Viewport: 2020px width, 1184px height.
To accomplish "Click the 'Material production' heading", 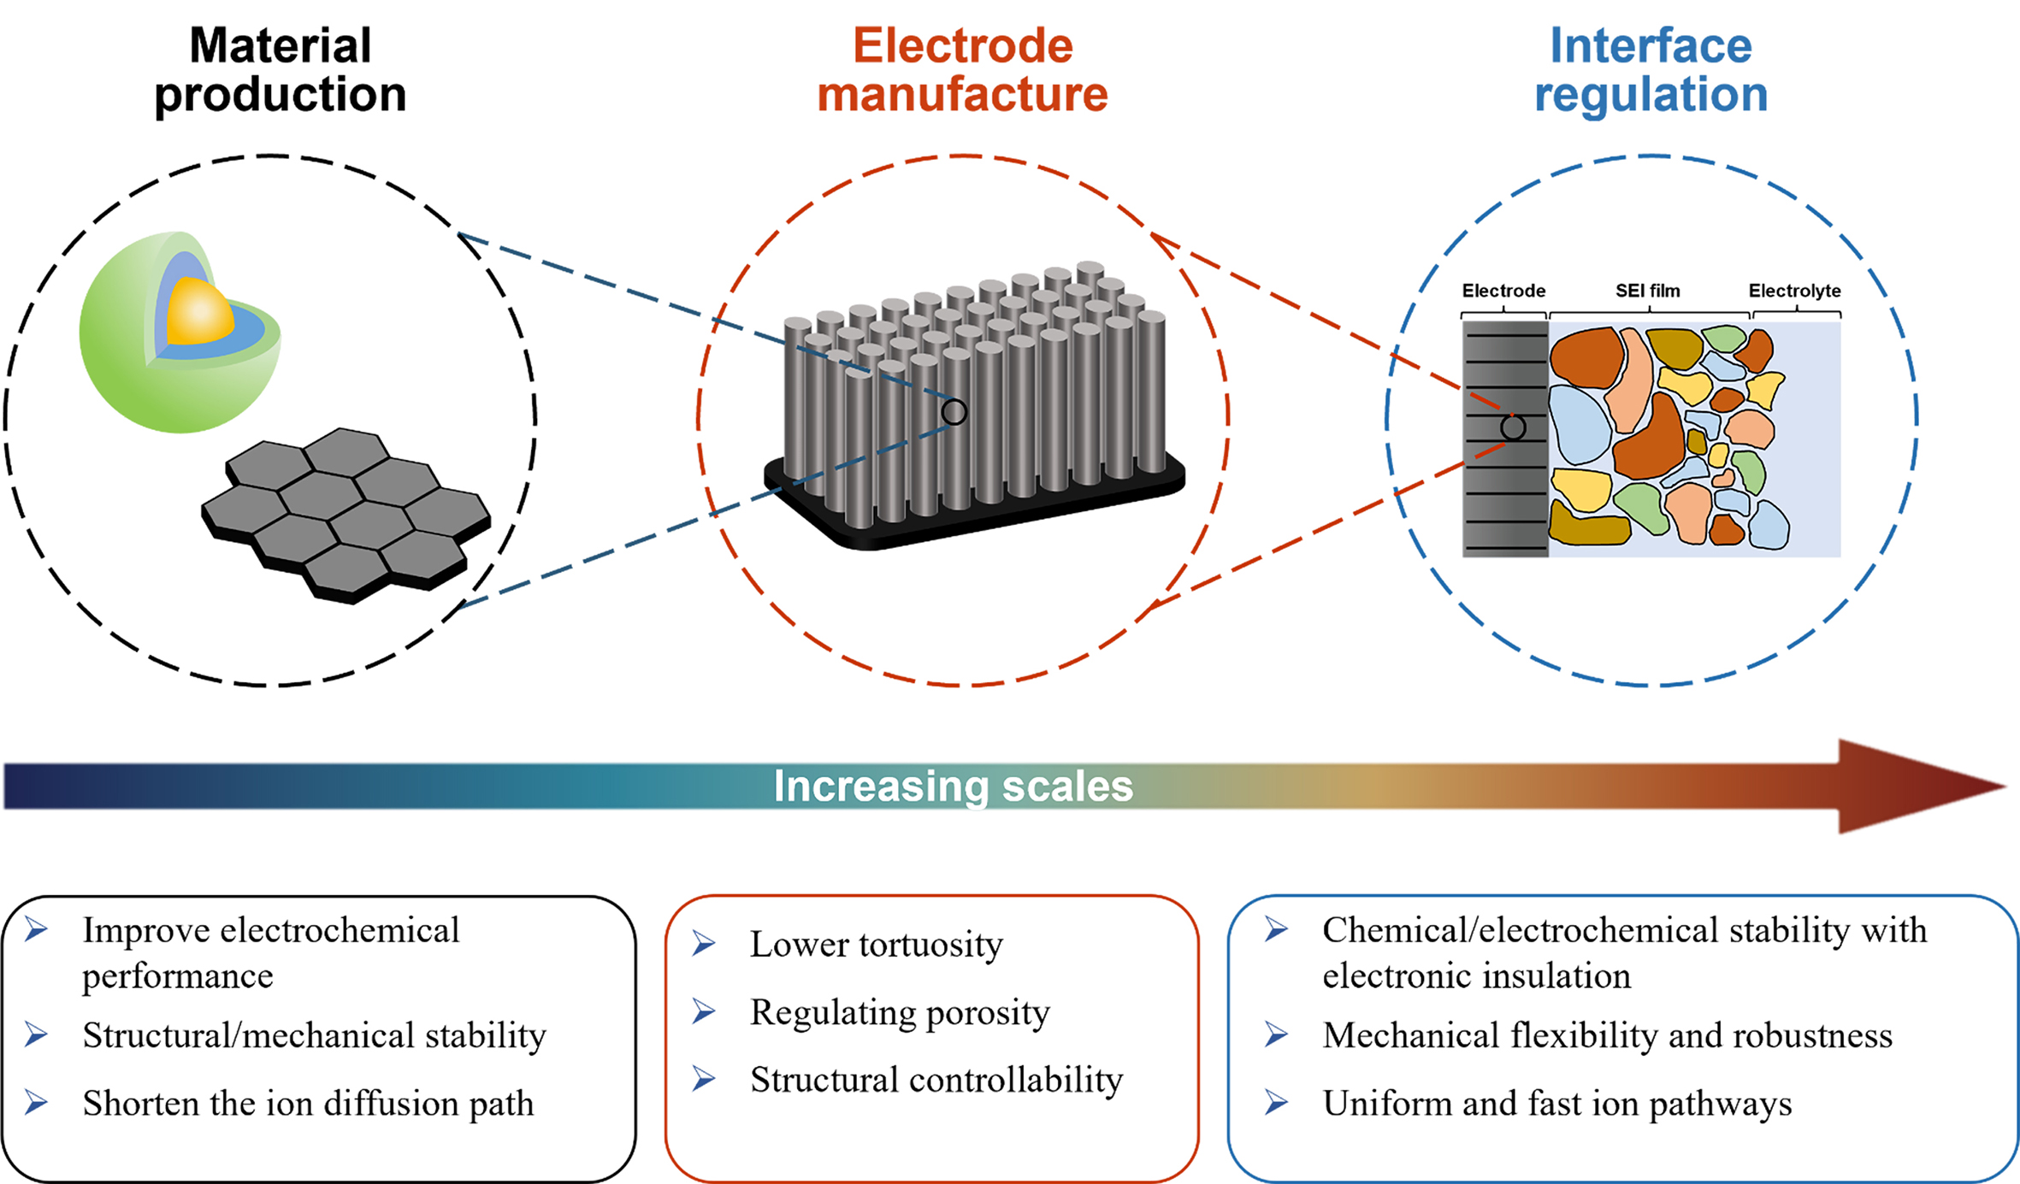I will [x=280, y=69].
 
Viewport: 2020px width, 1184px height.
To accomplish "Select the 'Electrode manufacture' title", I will [x=962, y=69].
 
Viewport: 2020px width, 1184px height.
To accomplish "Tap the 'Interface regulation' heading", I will [x=1651, y=69].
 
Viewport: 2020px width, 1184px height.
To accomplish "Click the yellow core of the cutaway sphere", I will [x=199, y=313].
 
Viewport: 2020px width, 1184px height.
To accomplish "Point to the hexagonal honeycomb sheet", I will [x=346, y=513].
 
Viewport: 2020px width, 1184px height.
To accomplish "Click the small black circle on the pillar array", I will [x=954, y=413].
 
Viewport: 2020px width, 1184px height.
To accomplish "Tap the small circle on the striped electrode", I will [x=1513, y=427].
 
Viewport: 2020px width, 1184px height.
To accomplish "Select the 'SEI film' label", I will [x=1647, y=291].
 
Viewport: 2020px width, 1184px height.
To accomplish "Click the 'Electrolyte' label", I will [x=1794, y=291].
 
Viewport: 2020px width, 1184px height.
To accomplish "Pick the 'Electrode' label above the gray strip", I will [x=1503, y=291].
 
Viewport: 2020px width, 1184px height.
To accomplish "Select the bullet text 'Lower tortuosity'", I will [x=876, y=945].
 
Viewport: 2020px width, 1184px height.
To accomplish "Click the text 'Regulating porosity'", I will [x=900, y=1013].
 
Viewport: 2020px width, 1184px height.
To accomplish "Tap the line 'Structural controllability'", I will [x=936, y=1081].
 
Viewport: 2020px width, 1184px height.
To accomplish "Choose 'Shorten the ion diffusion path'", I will [x=308, y=1104].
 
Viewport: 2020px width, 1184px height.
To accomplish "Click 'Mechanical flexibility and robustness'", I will [x=1607, y=1036].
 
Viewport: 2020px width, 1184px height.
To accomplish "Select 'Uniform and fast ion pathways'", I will [x=1556, y=1104].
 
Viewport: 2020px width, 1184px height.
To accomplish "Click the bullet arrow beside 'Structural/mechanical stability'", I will [x=36, y=1035].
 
